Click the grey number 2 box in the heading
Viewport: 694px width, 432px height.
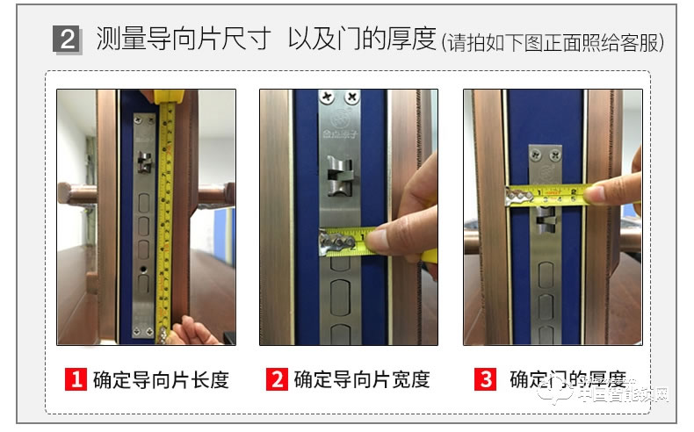67,40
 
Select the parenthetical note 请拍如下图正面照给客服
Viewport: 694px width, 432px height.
553,41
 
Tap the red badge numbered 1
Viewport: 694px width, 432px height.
77,379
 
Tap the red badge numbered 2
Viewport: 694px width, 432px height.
278,379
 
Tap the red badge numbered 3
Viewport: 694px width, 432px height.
485,379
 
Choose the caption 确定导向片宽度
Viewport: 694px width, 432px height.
361,379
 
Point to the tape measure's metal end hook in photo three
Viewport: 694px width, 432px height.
518,196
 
